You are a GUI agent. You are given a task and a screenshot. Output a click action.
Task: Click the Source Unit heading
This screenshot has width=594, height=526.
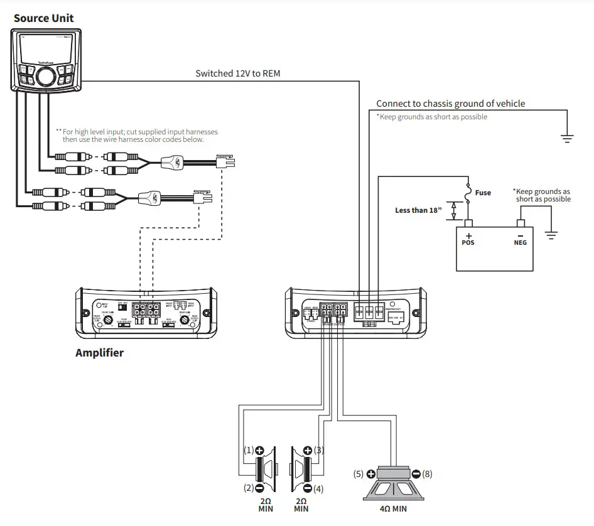(x=44, y=18)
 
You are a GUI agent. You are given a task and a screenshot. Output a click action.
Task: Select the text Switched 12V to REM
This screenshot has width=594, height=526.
(x=238, y=73)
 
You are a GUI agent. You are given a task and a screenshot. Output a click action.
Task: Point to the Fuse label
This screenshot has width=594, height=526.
(x=483, y=193)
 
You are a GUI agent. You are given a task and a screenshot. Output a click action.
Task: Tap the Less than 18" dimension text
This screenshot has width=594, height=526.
(x=419, y=210)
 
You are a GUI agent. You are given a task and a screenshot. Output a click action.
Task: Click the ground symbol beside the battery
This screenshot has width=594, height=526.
(x=551, y=235)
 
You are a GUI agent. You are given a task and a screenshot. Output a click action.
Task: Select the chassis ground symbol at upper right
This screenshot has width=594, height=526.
(x=568, y=139)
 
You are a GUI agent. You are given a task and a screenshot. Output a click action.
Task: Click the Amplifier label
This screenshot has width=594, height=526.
(x=99, y=353)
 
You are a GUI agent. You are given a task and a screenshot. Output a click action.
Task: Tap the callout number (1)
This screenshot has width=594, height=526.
(x=248, y=451)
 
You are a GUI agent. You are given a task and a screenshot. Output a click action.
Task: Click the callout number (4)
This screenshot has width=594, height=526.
(x=318, y=488)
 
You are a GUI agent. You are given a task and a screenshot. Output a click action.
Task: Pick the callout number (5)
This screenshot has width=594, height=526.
(x=359, y=475)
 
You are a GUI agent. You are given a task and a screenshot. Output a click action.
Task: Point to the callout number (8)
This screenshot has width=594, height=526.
(x=427, y=475)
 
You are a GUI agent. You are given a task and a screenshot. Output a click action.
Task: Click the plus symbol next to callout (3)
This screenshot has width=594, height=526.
(x=307, y=451)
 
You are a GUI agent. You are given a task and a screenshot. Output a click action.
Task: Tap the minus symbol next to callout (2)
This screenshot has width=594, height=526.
(x=259, y=488)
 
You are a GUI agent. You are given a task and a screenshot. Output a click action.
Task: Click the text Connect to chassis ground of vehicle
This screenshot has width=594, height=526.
(x=450, y=104)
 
